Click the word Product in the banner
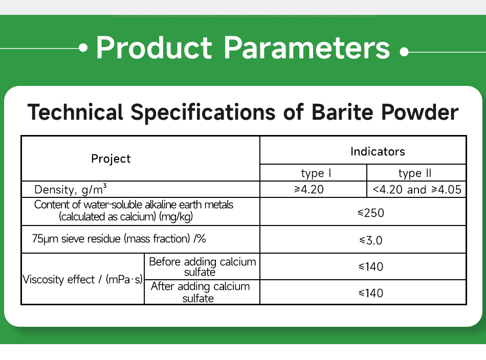pyautogui.click(x=153, y=48)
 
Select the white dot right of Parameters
pyautogui.click(x=404, y=52)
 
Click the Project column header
pyautogui.click(x=111, y=159)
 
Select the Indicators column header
pyautogui.click(x=378, y=151)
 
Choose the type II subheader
pyautogui.click(x=415, y=173)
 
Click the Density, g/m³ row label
pyautogui.click(x=71, y=190)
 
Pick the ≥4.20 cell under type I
pyautogui.click(x=309, y=190)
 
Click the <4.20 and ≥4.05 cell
pyautogui.click(x=416, y=190)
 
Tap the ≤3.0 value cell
pyautogui.click(x=371, y=240)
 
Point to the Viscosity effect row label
pyautogui.click(x=82, y=280)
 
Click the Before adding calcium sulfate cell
pyautogui.click(x=202, y=266)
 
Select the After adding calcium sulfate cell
pyautogui.click(x=201, y=292)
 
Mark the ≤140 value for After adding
pyautogui.click(x=371, y=293)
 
